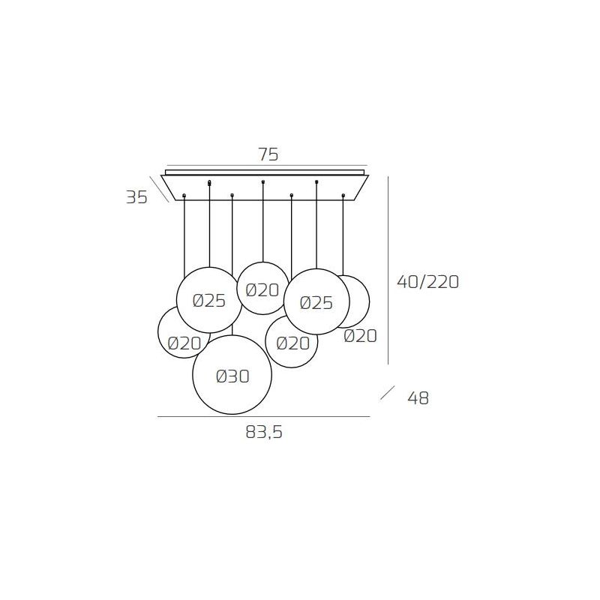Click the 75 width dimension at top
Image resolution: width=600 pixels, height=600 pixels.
268,154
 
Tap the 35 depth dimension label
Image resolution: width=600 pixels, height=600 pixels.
136,197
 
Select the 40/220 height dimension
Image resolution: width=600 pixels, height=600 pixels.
427,282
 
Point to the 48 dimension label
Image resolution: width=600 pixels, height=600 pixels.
418,398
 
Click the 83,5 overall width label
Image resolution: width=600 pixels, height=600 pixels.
264,433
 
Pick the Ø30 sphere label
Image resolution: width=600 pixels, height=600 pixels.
232,376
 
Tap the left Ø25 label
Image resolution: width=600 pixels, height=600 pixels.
209,301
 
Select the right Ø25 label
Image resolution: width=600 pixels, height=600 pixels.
316,303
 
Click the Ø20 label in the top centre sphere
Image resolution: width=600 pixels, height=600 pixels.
262,290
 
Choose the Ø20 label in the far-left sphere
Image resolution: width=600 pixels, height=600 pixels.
184,343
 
